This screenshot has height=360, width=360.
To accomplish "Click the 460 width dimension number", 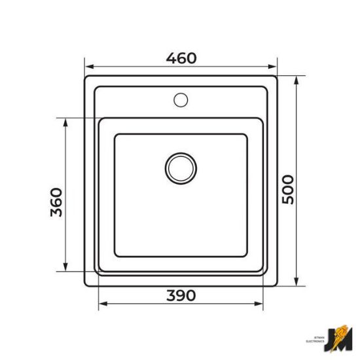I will (x=181, y=58).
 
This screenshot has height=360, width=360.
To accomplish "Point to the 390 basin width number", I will (x=181, y=295).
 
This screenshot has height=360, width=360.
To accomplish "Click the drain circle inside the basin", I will (x=181, y=168).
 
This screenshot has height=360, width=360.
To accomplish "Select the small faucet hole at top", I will (x=181, y=100).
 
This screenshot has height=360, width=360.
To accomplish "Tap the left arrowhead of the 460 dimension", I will (x=88, y=66).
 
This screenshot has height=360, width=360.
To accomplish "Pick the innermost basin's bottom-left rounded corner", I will (x=117, y=253).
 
